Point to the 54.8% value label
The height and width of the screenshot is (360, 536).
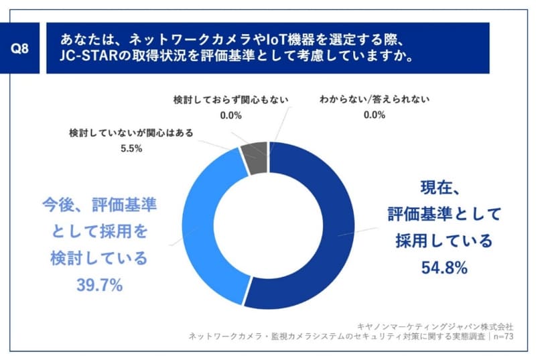[444, 268]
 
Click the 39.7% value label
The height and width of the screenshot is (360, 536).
[99, 286]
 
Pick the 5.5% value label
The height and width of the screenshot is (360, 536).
[131, 149]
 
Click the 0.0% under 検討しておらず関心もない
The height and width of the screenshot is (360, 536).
[230, 115]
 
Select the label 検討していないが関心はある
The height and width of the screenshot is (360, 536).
[131, 133]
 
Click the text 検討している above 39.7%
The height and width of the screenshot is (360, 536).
[99, 259]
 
